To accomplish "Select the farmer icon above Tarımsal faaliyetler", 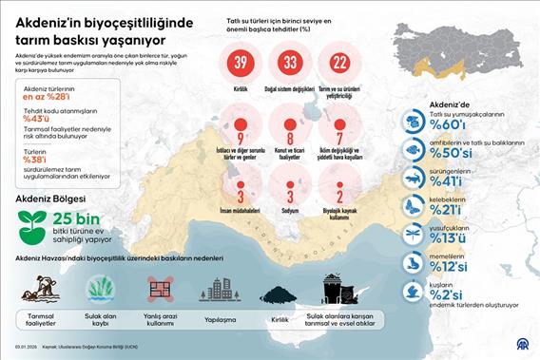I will pyautogui.click(x=38, y=288).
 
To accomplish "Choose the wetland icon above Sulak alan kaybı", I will pyautogui.click(x=100, y=289).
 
